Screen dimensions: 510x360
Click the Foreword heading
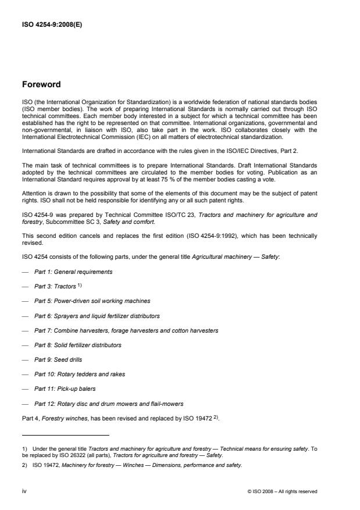41,84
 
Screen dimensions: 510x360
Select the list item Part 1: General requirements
73,272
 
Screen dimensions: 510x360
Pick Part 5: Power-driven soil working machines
92,301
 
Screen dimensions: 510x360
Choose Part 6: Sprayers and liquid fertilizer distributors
97,316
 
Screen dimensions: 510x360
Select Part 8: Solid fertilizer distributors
78,345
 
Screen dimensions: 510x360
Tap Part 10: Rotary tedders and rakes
80,374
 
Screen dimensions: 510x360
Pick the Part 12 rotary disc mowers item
109,404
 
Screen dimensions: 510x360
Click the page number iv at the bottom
24,491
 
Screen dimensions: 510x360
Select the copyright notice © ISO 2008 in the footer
282,491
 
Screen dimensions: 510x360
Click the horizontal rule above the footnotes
65,434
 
